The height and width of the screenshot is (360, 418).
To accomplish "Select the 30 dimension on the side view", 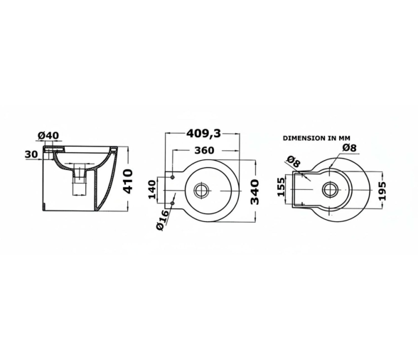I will pyautogui.click(x=30, y=153).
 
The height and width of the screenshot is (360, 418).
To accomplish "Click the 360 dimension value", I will pyautogui.click(x=205, y=151).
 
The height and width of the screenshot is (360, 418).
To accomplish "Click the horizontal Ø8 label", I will pyautogui.click(x=348, y=147).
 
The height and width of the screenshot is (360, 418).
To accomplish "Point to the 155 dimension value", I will pyautogui.click(x=281, y=188).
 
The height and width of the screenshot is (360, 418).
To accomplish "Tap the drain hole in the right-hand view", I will pyautogui.click(x=331, y=190).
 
